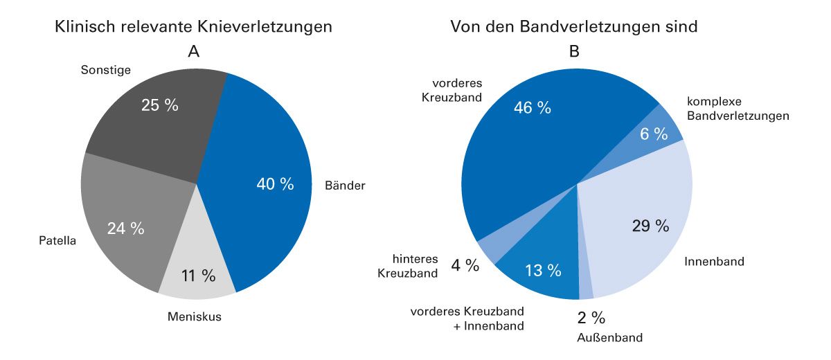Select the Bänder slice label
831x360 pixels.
click(x=344, y=186)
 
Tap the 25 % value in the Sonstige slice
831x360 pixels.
click(x=159, y=105)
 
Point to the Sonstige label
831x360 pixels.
click(x=106, y=69)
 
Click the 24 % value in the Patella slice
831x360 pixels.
click(x=125, y=228)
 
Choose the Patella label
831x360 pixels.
click(x=57, y=242)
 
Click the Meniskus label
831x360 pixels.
click(x=195, y=317)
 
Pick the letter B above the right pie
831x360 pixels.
click(x=574, y=51)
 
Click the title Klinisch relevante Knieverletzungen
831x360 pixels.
click(x=193, y=27)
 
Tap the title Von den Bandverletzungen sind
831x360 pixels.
click(x=573, y=27)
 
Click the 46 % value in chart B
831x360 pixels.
click(x=532, y=107)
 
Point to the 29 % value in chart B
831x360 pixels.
click(x=650, y=226)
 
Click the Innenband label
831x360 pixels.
click(x=714, y=262)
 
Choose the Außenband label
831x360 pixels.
click(x=609, y=338)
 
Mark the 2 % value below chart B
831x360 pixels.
click(x=591, y=318)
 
